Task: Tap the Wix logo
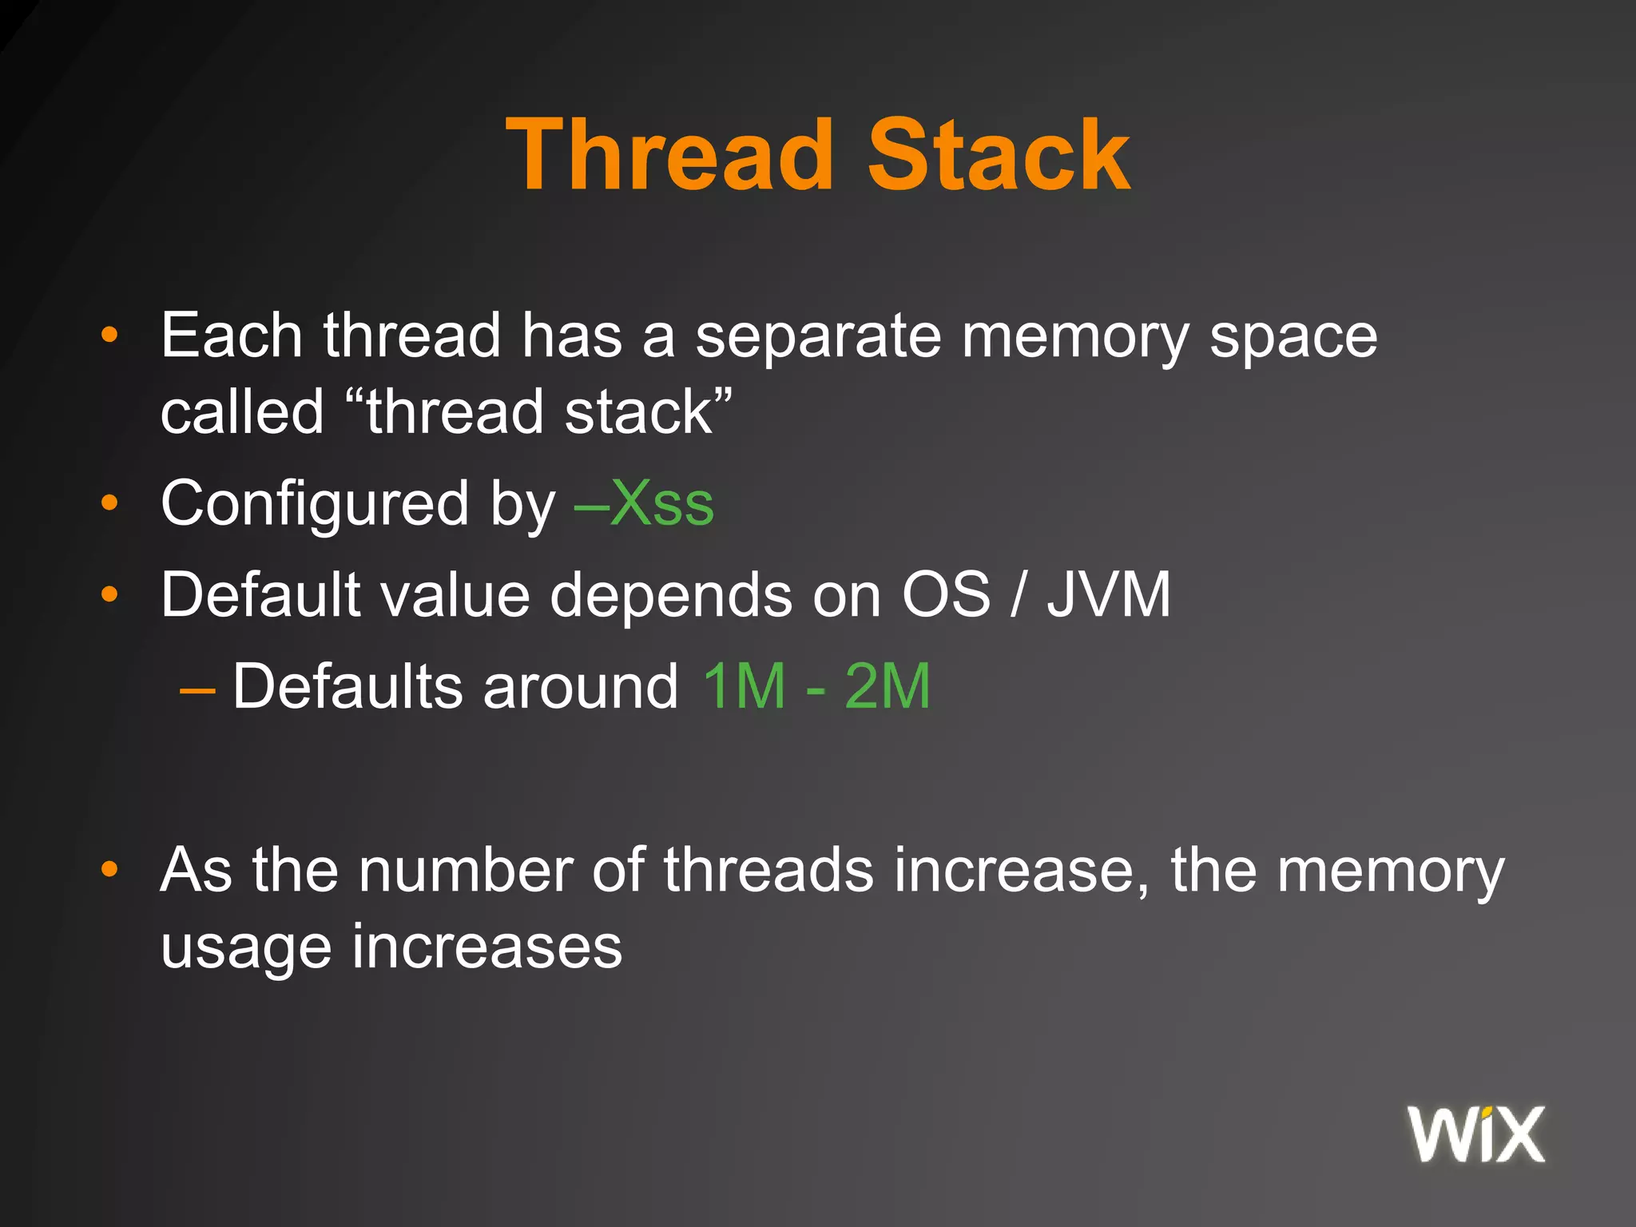[x=1476, y=1134]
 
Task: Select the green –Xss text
[x=644, y=504]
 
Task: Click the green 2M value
[x=887, y=686]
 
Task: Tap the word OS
[x=946, y=595]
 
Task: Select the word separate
[x=818, y=336]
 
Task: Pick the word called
[x=242, y=412]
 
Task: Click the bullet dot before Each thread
[x=109, y=336]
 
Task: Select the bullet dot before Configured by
[x=109, y=503]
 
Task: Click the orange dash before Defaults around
[x=197, y=689]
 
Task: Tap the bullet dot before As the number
[x=109, y=870]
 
